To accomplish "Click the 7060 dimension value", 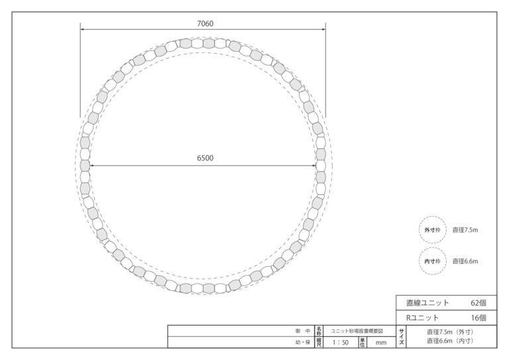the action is coord(205,23).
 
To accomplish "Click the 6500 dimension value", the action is coord(205,158).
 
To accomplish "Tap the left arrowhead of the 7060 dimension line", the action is coord(82,29).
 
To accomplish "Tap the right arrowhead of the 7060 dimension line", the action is coord(323,29).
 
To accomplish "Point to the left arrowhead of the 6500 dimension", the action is coord(92,166).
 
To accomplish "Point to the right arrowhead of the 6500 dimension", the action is coord(313,166).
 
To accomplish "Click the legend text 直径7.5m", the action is coord(465,230).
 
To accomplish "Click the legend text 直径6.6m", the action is coord(465,261).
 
